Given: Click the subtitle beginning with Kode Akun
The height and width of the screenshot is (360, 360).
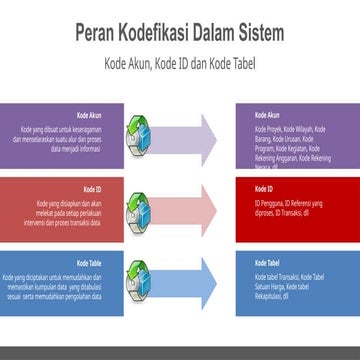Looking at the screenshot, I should [180, 60].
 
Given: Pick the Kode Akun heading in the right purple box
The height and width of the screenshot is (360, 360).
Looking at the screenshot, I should [266, 115].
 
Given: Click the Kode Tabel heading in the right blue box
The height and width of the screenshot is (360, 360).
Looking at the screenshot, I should [266, 263].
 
